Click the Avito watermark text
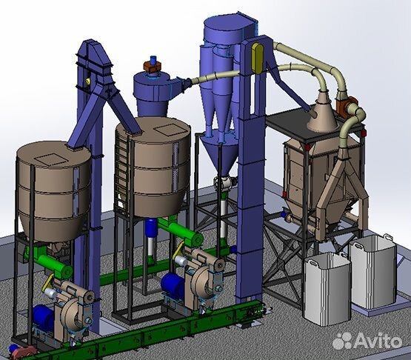(368, 340)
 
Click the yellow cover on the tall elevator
(258, 58)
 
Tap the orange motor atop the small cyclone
(152, 67)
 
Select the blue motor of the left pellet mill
(43, 318)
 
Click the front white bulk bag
(327, 289)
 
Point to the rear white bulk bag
(372, 272)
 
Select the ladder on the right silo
(122, 170)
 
